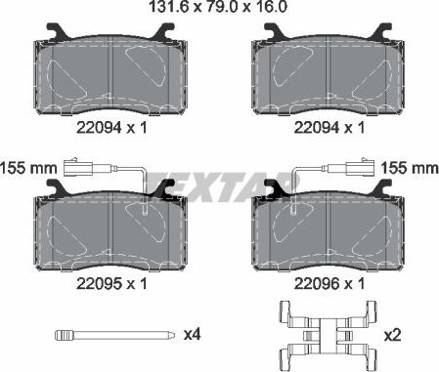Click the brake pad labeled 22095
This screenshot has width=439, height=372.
110,230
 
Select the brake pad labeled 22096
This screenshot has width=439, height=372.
329,230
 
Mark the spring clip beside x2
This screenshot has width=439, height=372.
329,334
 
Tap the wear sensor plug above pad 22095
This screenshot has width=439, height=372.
75,166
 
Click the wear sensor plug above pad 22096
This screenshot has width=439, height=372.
365,166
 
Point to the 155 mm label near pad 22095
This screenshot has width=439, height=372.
27,168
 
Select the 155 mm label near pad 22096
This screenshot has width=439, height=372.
409,168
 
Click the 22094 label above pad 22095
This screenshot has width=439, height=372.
96,126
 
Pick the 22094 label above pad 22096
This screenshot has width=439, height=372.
314,126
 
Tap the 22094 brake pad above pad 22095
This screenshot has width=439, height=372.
110,73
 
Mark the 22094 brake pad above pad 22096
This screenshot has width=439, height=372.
329,73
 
